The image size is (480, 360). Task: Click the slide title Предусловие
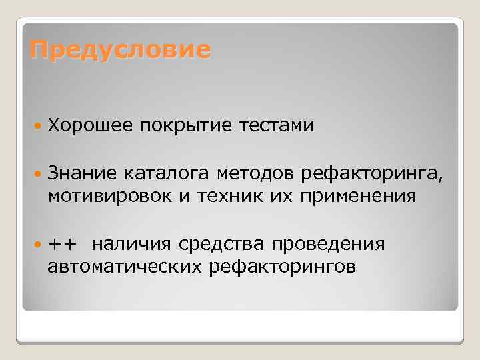pos(120,50)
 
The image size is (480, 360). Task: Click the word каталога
pos(165,175)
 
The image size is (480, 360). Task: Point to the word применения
pos(359,198)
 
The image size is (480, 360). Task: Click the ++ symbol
pos(61,245)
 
